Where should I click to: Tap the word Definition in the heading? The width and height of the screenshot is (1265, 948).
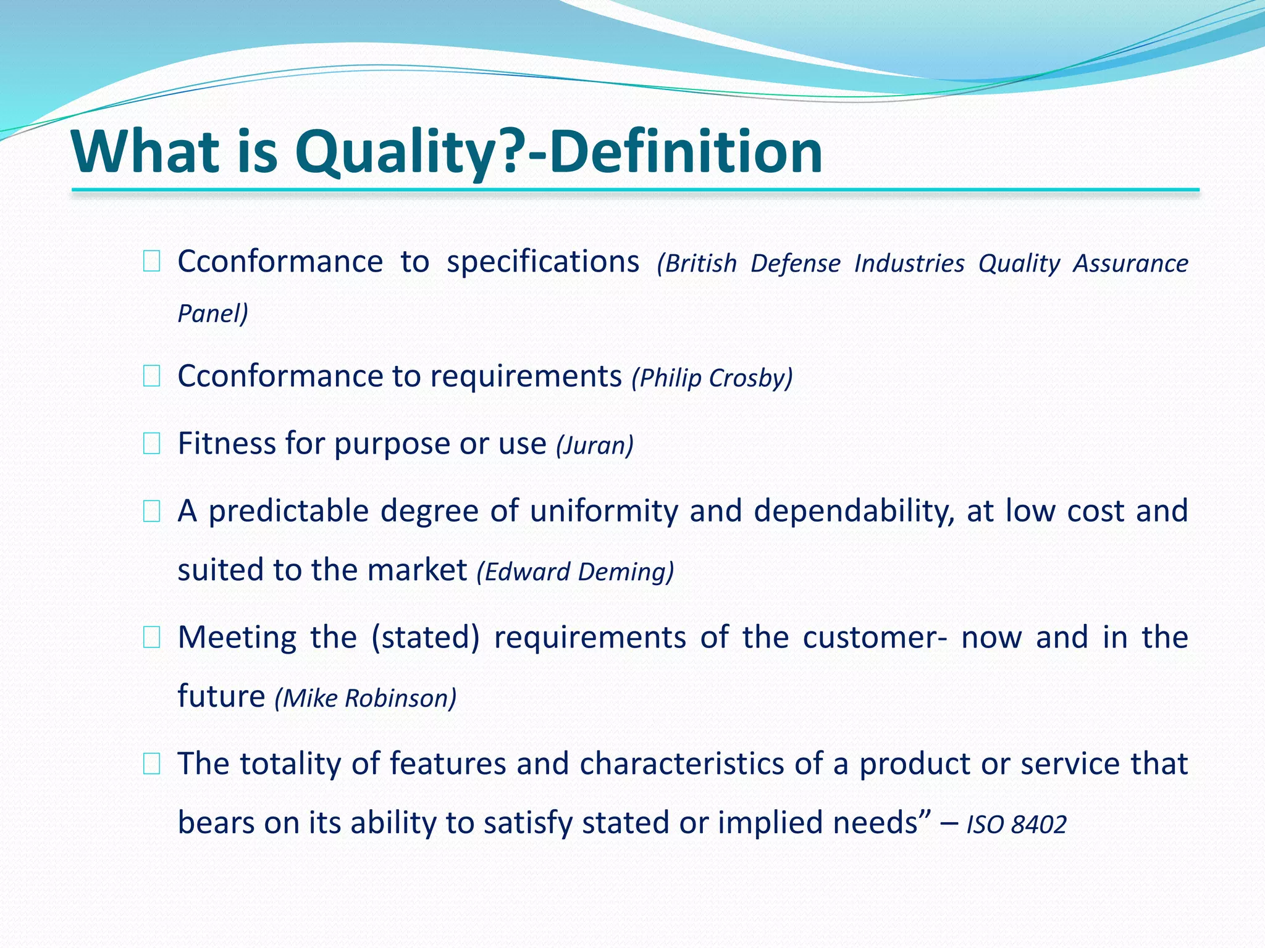(686, 152)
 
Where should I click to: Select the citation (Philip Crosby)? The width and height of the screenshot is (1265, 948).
(712, 378)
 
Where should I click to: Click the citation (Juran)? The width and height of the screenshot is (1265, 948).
(595, 445)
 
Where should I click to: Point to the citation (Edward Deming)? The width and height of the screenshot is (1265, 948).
(575, 572)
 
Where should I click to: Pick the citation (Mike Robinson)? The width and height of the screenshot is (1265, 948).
(366, 698)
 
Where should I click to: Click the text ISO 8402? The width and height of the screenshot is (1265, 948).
(1017, 825)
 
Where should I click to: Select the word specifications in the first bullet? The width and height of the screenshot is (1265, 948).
(543, 262)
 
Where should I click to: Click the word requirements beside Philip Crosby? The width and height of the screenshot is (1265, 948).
(526, 376)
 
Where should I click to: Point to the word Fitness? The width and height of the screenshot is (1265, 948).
(226, 444)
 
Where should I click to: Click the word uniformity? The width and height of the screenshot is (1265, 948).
(604, 511)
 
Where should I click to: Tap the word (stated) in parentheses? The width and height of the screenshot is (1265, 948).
(426, 638)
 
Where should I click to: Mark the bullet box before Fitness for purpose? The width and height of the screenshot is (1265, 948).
(151, 444)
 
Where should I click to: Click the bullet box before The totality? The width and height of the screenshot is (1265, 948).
(151, 764)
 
